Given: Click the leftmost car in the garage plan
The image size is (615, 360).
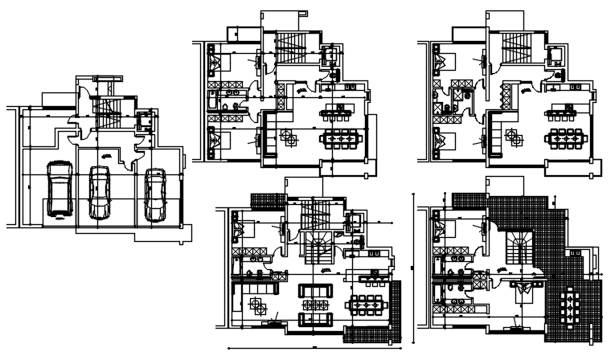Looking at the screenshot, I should point(59,190).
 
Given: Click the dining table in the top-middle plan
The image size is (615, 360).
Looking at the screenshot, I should point(341,139).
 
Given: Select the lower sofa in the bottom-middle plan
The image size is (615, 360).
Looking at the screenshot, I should point(314,320).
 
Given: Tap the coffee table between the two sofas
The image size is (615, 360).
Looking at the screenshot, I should point(314,305).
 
